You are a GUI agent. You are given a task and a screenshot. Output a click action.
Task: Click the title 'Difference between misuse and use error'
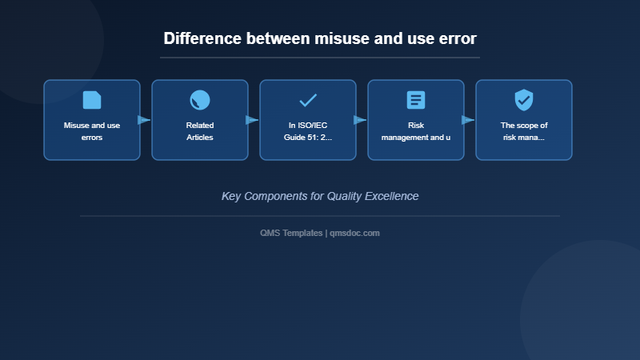(x=320, y=38)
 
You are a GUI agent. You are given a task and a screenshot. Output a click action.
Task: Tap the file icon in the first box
(x=92, y=100)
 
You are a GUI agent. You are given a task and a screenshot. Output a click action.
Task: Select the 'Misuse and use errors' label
(x=92, y=131)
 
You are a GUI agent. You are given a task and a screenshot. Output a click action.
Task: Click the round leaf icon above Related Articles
(x=200, y=100)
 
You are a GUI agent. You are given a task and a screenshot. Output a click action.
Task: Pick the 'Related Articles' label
(x=200, y=131)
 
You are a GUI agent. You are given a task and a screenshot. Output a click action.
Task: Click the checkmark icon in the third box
(x=308, y=100)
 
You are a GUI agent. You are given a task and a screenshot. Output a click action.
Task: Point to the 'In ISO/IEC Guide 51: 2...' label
(x=308, y=131)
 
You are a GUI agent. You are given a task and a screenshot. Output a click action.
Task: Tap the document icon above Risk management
(x=416, y=100)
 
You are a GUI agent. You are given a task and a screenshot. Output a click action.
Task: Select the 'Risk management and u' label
(x=416, y=131)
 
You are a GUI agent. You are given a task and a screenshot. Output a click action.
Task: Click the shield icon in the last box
(x=524, y=100)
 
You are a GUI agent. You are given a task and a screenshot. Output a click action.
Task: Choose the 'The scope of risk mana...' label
(x=524, y=131)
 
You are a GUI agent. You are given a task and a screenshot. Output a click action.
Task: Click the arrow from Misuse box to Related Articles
(x=145, y=120)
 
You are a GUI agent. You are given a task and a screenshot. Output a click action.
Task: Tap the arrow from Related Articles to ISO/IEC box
(x=253, y=120)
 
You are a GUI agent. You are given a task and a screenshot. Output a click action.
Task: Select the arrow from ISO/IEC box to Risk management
(x=361, y=120)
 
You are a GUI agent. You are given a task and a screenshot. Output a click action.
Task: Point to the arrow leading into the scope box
(x=469, y=120)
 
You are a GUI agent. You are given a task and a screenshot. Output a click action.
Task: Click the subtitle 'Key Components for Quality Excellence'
(x=320, y=196)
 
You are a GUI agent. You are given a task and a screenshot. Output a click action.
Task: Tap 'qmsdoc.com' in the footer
(x=354, y=233)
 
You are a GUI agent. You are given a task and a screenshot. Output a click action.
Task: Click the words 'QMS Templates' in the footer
(x=291, y=233)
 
